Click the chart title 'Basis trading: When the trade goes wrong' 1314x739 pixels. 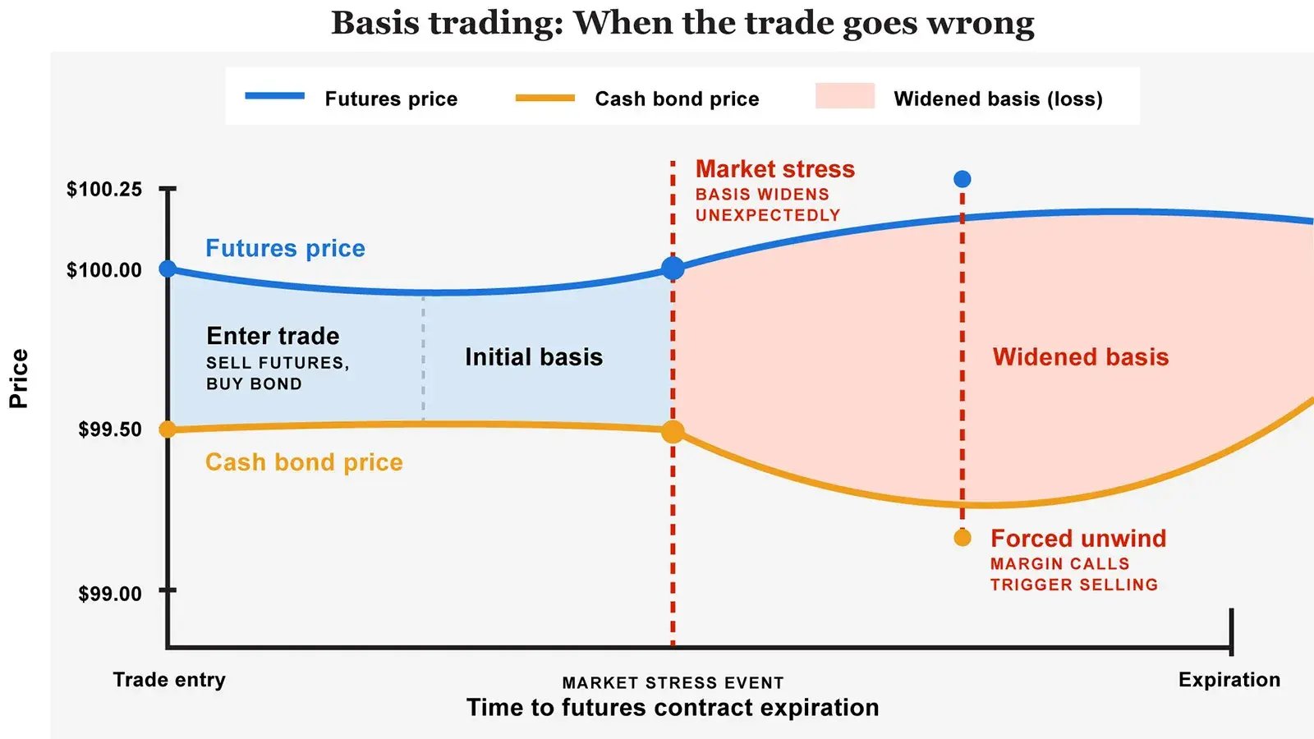682,23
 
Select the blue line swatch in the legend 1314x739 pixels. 274,97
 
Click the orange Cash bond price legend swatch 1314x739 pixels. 544,98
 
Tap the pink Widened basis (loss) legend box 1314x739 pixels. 844,96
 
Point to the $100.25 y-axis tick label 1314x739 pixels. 104,190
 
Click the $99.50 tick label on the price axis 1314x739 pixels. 110,429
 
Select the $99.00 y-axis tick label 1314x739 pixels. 110,594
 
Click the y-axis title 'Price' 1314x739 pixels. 19,379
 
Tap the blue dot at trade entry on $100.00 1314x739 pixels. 168,269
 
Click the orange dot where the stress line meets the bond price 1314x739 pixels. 673,432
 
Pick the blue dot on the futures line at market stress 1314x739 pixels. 673,268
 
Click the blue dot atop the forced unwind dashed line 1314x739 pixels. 963,179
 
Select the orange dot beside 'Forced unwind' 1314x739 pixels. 963,538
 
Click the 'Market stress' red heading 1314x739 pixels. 774,169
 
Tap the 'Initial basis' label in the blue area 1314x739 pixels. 534,357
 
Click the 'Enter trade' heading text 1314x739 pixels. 273,336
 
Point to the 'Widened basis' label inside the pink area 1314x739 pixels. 1080,357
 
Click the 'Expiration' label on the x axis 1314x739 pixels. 1229,680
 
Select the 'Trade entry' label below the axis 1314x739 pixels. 169,680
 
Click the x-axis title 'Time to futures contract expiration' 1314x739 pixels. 673,708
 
